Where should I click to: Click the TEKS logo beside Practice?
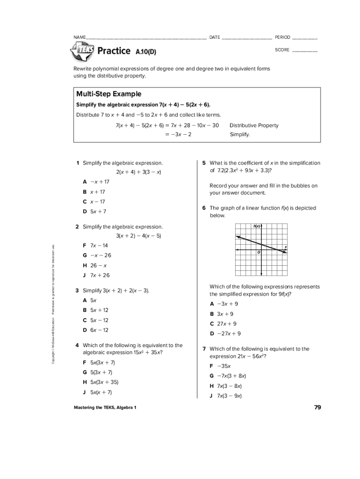click(x=82, y=51)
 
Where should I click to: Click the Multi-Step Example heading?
click(x=108, y=94)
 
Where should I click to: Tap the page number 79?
click(x=317, y=407)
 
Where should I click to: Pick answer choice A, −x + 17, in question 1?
click(x=96, y=182)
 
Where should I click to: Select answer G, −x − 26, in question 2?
click(x=97, y=255)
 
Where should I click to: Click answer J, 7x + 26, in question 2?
click(x=96, y=275)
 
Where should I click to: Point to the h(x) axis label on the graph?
click(x=256, y=226)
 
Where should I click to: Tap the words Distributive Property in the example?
click(x=254, y=125)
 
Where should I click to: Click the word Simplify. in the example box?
click(x=240, y=135)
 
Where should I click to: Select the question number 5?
click(x=204, y=163)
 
